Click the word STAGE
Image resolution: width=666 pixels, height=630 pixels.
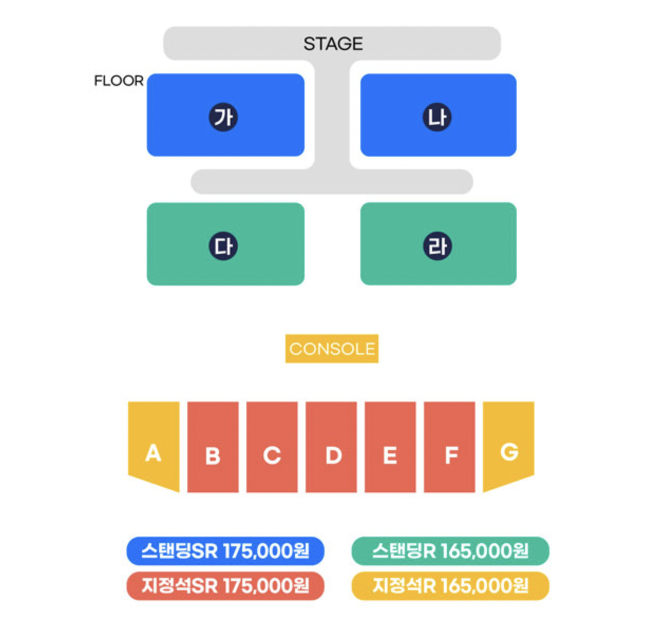[x=333, y=44]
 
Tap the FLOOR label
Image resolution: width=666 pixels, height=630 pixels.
[x=119, y=81]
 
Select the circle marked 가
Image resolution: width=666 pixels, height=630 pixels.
[x=223, y=117]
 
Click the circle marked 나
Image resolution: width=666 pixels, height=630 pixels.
[x=437, y=117]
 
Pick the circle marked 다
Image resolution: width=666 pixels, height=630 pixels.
[x=223, y=246]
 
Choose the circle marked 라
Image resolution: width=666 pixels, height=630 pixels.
[x=437, y=246]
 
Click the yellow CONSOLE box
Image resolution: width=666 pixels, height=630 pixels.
[x=331, y=349]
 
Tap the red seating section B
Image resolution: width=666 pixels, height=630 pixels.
[x=213, y=447]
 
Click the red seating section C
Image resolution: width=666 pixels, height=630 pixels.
[x=272, y=447]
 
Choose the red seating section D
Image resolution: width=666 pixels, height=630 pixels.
[x=331, y=447]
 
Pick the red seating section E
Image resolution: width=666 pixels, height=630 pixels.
[x=390, y=447]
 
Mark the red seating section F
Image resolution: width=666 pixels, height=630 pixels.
[x=450, y=447]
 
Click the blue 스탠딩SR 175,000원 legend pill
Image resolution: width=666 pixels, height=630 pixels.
[x=225, y=551]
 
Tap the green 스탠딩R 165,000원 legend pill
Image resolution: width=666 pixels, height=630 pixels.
[x=450, y=551]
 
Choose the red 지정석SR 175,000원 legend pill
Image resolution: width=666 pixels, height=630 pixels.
[x=225, y=586]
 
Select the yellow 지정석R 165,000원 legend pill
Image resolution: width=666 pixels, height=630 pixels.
[x=450, y=586]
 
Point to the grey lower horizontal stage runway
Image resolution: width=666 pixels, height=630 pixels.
[x=331, y=182]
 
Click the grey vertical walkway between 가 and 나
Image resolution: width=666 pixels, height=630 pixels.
[x=332, y=114]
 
